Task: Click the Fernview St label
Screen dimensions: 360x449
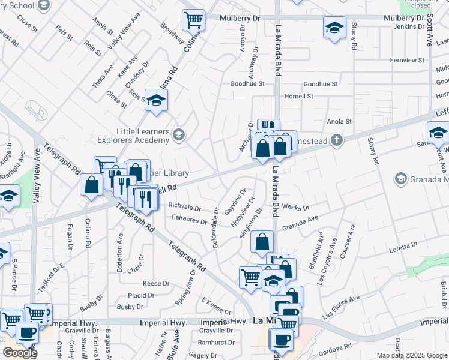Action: click(x=406, y=60)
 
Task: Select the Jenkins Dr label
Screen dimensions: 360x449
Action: click(x=408, y=26)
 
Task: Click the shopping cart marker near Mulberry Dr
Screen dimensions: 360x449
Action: click(x=193, y=20)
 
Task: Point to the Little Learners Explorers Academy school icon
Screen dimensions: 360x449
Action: click(x=178, y=134)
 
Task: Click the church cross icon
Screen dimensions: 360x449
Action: click(x=337, y=140)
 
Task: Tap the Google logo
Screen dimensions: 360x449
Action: click(x=20, y=352)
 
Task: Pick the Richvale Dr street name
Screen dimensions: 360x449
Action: click(x=184, y=208)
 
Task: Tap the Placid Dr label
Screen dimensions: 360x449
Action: click(x=141, y=295)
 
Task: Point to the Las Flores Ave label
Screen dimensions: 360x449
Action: click(x=341, y=306)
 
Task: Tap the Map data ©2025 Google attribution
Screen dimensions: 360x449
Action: click(x=412, y=355)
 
